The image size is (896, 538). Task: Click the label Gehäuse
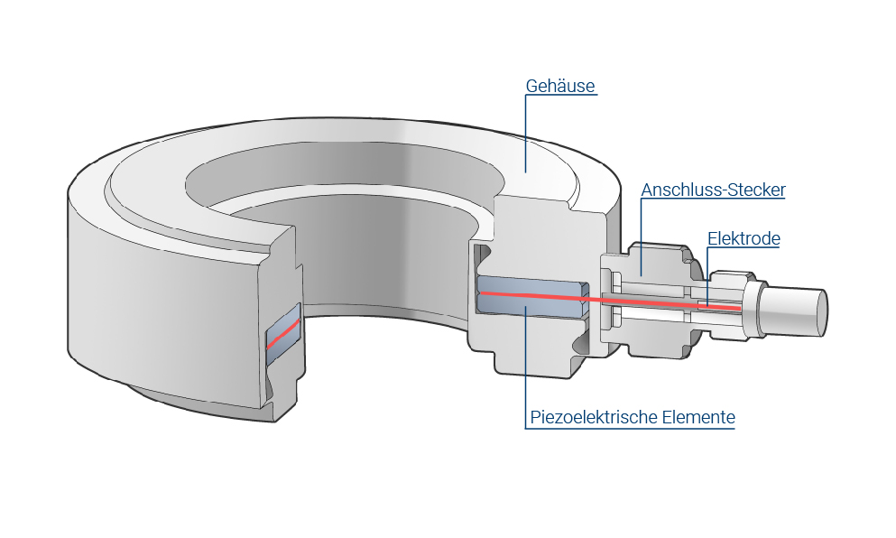(x=560, y=87)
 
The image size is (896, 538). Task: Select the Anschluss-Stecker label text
(x=713, y=190)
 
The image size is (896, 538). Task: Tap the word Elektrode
(x=744, y=239)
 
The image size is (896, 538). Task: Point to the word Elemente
(x=698, y=418)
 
